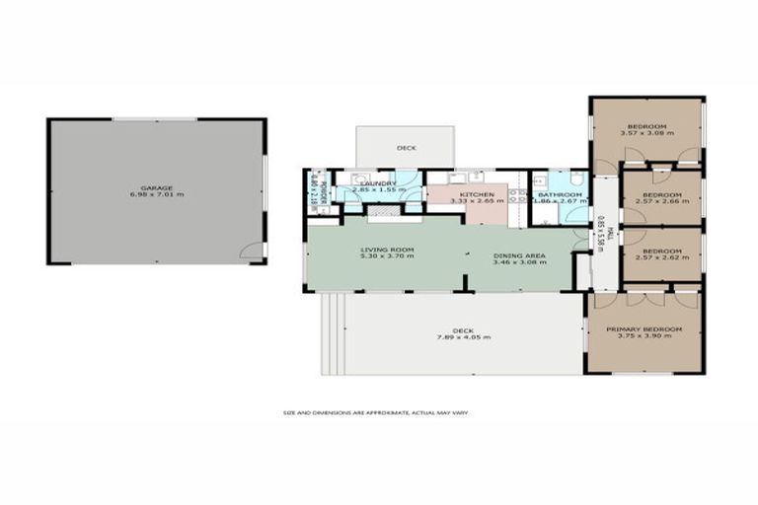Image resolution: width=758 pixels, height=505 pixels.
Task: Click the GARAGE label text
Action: (x=156, y=187)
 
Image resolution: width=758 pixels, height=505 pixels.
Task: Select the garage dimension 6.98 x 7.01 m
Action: (x=156, y=195)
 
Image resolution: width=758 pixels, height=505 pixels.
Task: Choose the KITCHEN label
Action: (x=477, y=194)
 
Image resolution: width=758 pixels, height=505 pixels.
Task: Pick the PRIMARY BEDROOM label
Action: (x=645, y=328)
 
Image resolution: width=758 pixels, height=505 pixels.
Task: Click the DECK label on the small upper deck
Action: (x=406, y=148)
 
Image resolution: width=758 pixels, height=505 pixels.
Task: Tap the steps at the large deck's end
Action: (x=331, y=335)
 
